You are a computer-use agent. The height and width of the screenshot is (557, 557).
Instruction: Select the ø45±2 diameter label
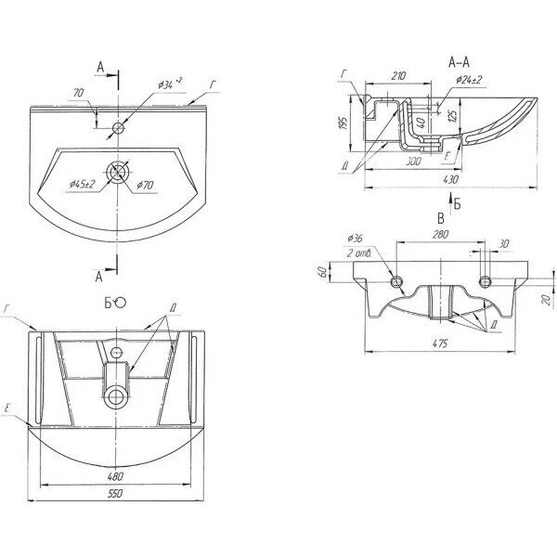[x=83, y=184]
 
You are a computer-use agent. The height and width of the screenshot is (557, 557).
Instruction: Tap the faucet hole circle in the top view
[x=117, y=125]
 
